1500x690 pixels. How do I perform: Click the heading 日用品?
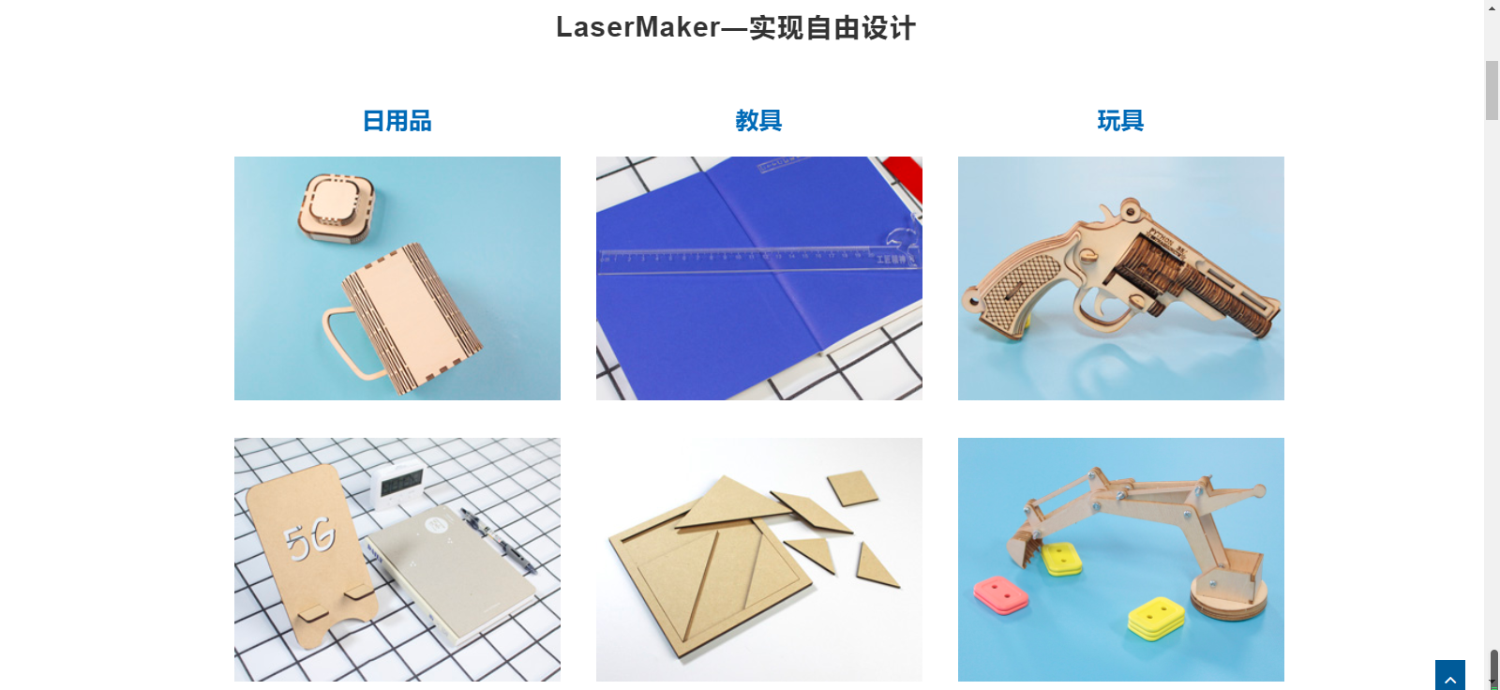(397, 121)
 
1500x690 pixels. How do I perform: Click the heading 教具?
(758, 121)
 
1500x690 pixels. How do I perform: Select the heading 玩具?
(1120, 121)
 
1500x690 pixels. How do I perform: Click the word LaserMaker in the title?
(637, 27)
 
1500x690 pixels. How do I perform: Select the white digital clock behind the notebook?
(397, 486)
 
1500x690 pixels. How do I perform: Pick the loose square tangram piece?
(852, 487)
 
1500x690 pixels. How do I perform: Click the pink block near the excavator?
(1000, 593)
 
